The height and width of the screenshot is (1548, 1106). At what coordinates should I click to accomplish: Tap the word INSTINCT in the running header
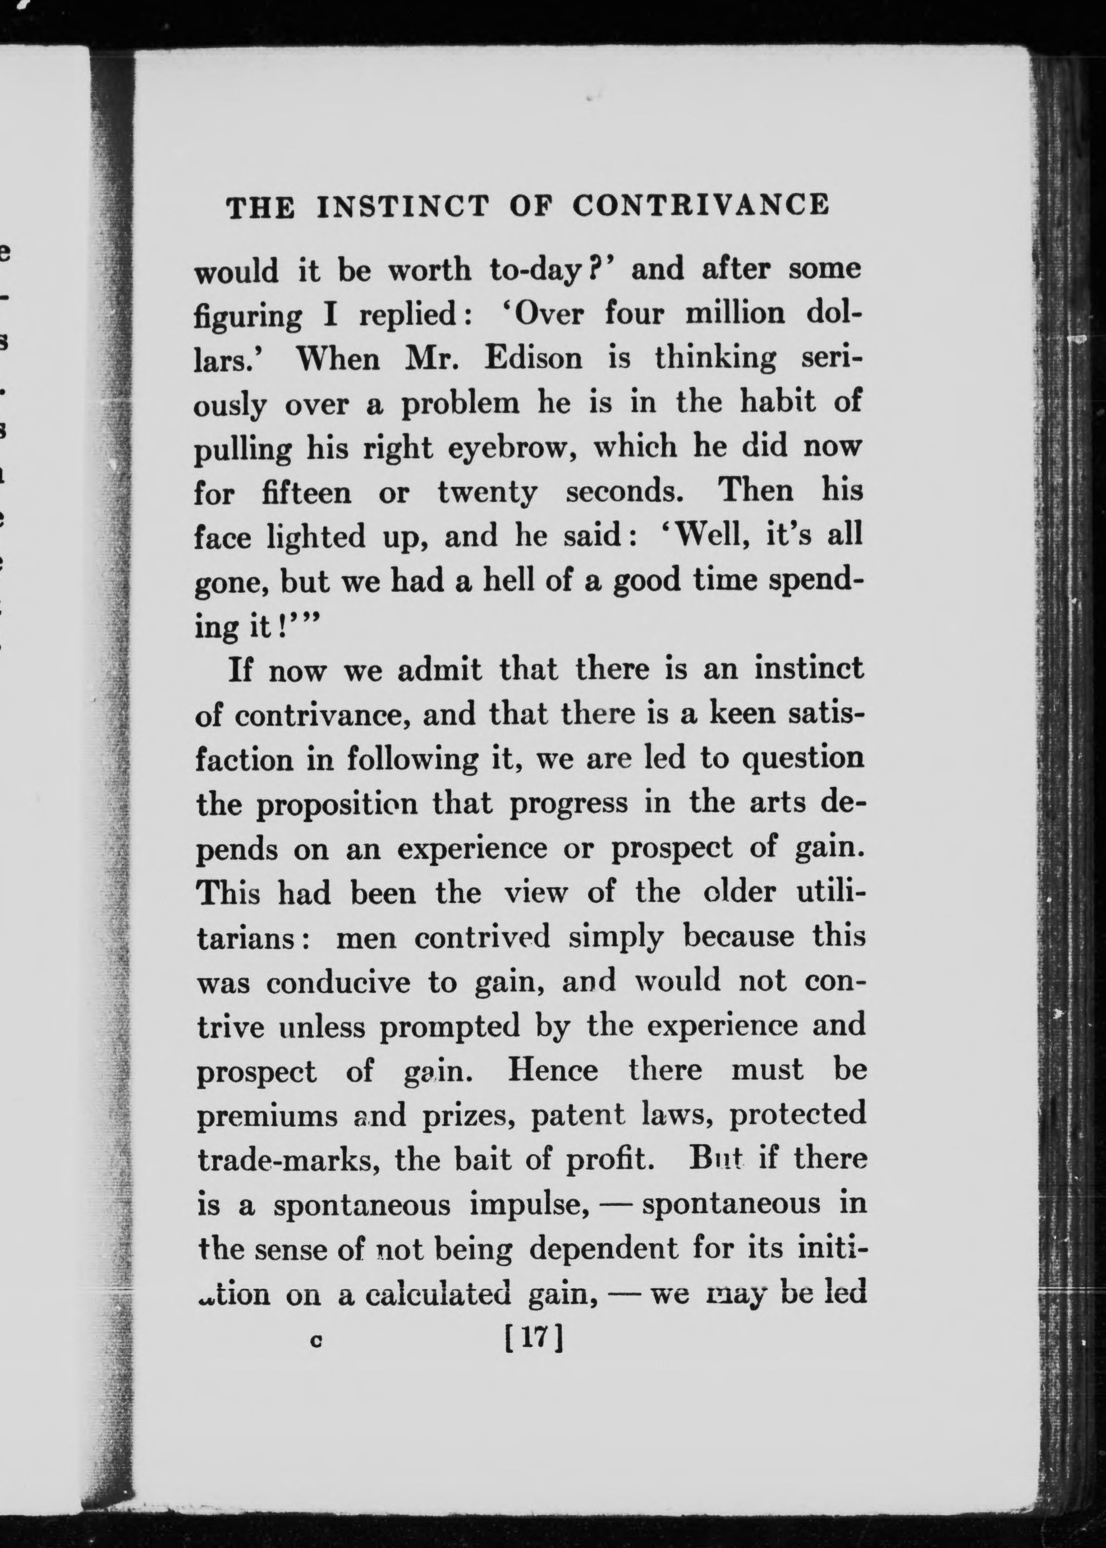402,206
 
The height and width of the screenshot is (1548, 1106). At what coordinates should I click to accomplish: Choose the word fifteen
306,491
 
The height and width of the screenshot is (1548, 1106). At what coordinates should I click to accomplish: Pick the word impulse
529,1204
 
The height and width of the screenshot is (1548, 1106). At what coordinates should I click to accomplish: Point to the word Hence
552,1071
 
